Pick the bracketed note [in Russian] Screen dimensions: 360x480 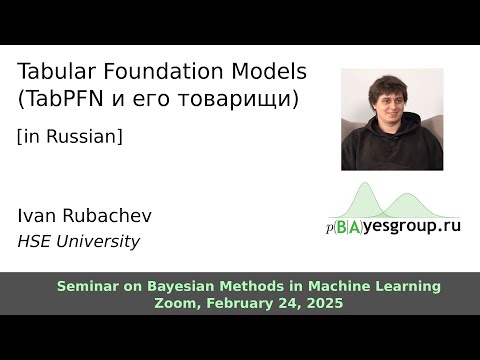click(70, 137)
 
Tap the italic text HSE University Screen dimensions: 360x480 click(79, 241)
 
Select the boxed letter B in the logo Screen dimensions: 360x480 click(343, 227)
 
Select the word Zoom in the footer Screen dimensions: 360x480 click(177, 303)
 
